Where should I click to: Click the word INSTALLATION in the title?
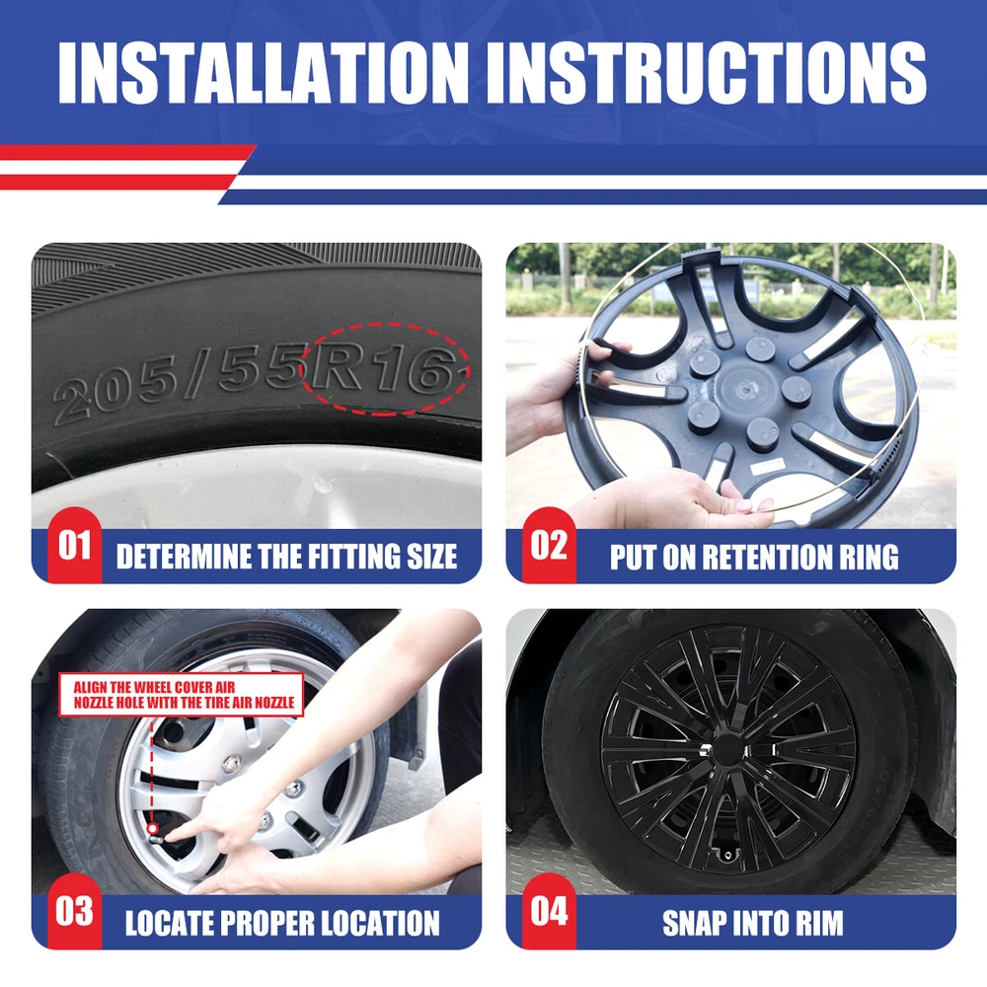[264, 72]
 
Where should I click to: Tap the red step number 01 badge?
[74, 545]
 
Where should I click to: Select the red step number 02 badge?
[549, 545]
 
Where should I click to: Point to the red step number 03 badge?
[74, 911]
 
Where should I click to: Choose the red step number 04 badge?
[549, 911]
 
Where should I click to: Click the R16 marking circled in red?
[382, 370]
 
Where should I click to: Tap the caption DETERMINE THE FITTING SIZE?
[286, 557]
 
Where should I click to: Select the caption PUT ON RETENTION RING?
[754, 557]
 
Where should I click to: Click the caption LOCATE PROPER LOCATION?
[282, 924]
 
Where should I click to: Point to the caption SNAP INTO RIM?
[753, 924]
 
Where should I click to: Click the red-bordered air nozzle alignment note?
[182, 695]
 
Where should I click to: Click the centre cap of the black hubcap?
[726, 749]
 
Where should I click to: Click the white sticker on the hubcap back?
[768, 467]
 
